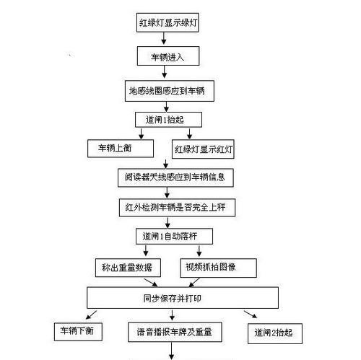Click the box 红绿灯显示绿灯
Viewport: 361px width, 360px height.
168,22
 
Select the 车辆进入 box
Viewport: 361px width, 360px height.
168,56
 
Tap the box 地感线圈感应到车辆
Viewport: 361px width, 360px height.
170,91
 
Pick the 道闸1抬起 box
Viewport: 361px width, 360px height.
168,120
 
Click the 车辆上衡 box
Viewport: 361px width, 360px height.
121,149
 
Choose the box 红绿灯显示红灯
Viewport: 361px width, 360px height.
203,149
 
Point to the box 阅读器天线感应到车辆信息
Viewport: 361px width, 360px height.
175,177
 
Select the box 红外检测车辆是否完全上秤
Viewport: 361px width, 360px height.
177,208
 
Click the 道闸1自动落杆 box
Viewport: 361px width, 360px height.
174,237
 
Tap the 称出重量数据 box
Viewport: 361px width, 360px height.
128,268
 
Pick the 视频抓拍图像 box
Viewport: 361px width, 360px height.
218,268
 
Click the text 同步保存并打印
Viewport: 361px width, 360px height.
173,299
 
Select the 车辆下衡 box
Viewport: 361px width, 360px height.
78,332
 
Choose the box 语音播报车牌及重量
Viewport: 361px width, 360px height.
175,332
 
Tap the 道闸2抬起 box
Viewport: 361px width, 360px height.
275,333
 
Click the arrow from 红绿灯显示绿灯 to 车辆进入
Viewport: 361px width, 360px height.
164,38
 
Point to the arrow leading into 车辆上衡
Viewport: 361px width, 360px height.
142,133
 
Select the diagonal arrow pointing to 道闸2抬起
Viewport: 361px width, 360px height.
251,315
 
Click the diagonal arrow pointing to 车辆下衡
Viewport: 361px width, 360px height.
91,315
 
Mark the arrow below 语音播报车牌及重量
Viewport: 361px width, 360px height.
172,351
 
